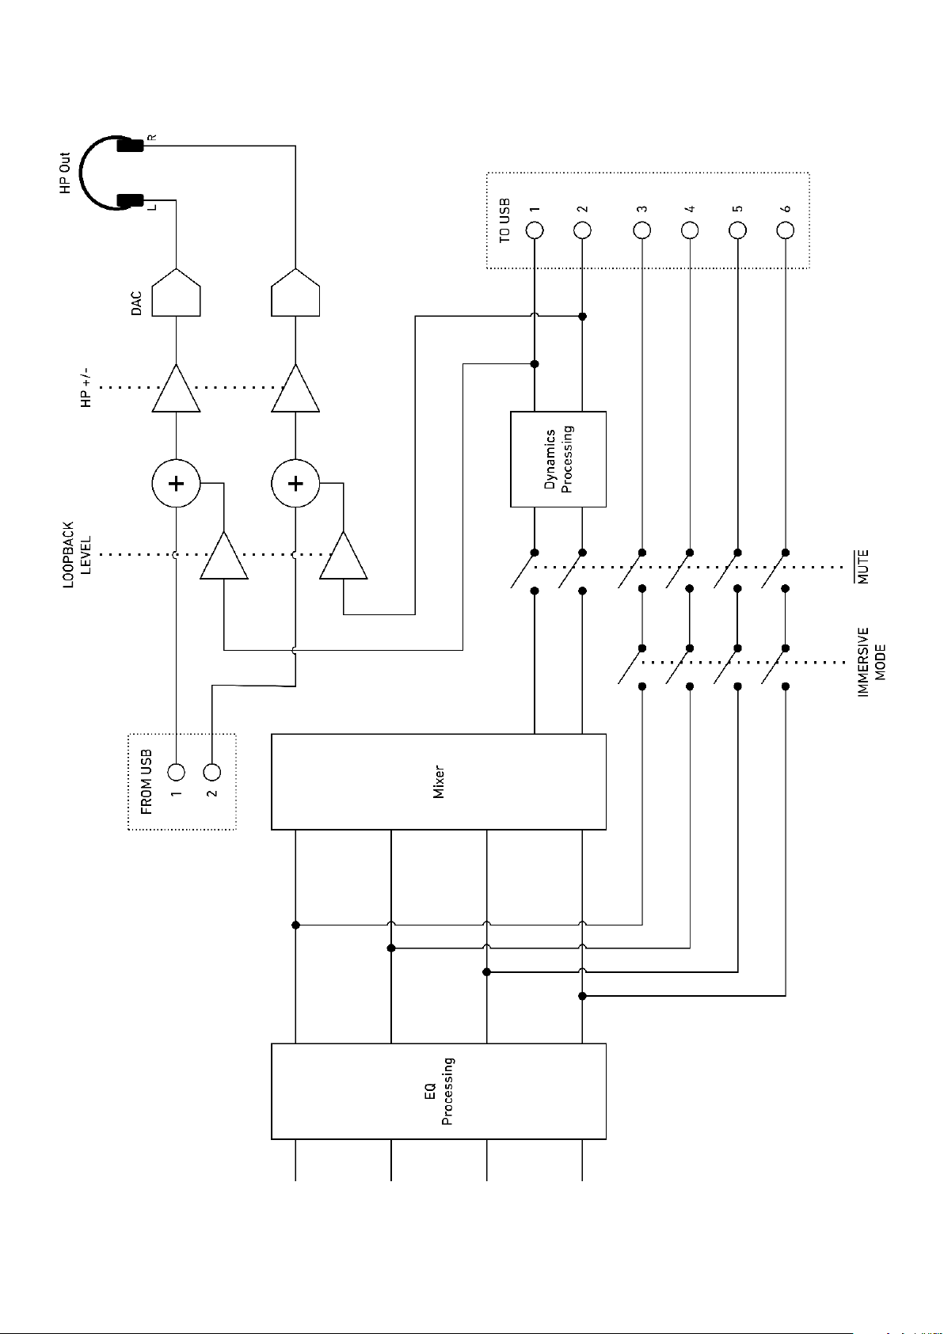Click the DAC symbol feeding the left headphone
(x=177, y=292)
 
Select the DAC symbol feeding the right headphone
(x=295, y=292)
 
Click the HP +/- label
(x=86, y=387)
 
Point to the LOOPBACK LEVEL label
(x=78, y=555)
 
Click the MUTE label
(x=863, y=567)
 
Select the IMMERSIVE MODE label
(x=871, y=662)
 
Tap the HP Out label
(x=65, y=173)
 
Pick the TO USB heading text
(x=504, y=221)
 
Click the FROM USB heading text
(x=146, y=782)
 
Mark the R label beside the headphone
(x=153, y=138)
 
